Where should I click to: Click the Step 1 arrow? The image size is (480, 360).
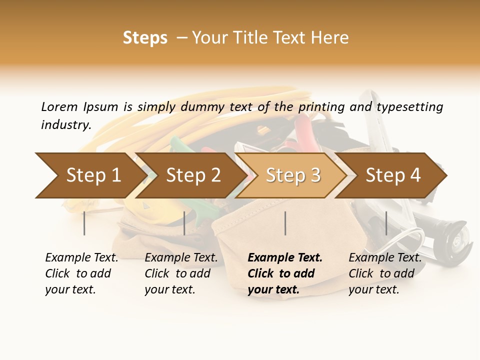tap(90, 175)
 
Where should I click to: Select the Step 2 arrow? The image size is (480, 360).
tap(193, 175)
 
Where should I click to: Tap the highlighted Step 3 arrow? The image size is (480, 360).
tap(293, 175)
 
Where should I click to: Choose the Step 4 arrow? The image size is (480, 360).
tap(393, 175)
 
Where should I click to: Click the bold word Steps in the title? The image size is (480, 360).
tap(145, 38)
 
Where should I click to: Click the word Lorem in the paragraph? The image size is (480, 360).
tap(59, 106)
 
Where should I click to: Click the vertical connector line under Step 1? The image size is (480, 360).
tap(84, 223)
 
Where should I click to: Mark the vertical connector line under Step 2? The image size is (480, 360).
tap(184, 223)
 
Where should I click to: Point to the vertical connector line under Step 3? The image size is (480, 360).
tap(285, 223)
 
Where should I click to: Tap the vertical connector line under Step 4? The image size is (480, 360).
tap(386, 223)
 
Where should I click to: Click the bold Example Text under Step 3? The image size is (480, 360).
tap(285, 258)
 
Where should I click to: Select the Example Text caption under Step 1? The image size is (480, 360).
tap(81, 258)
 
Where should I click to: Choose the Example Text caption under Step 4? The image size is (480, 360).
tap(385, 258)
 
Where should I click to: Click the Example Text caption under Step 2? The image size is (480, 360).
tap(181, 258)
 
